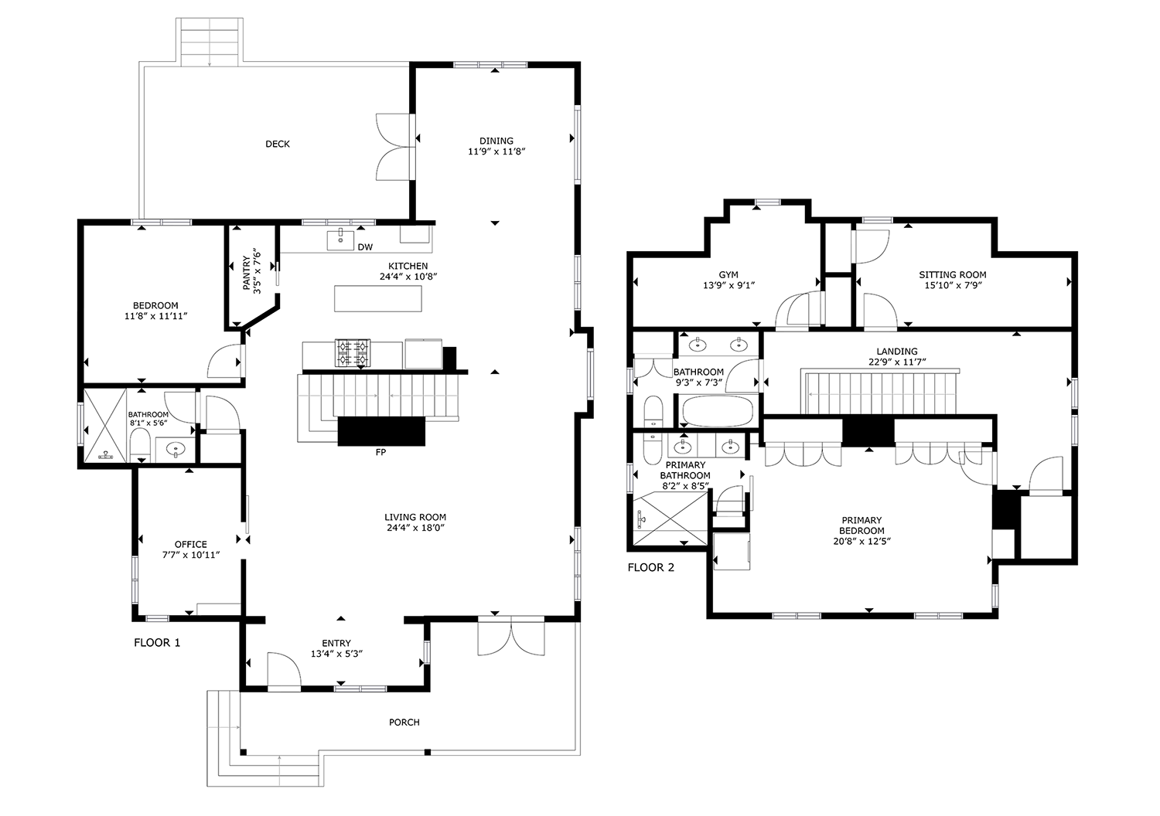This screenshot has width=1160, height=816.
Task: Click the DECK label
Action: (278, 144)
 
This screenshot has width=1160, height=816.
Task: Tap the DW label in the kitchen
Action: (365, 247)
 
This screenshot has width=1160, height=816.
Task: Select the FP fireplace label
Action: (380, 452)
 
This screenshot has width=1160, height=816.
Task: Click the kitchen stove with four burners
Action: (353, 352)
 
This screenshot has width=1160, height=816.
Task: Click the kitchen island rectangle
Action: (377, 298)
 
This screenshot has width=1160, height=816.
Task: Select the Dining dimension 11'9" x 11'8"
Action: (496, 151)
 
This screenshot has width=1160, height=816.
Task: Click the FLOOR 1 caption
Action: (157, 643)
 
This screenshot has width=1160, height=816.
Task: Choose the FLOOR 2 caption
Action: (651, 568)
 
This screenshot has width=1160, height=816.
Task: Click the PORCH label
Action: (404, 722)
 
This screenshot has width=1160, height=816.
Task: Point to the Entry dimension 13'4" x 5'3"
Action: (336, 654)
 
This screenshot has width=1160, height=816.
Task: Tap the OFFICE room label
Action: (190, 544)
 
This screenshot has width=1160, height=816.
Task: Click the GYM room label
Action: (728, 275)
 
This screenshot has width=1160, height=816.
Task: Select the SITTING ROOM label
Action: (953, 275)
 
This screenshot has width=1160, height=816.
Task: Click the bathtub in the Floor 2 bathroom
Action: (717, 411)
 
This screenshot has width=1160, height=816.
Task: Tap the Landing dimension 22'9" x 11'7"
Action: (897, 362)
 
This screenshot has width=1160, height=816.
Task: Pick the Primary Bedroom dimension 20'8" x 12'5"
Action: (861, 542)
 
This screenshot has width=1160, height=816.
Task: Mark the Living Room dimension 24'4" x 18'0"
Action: (415, 528)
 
